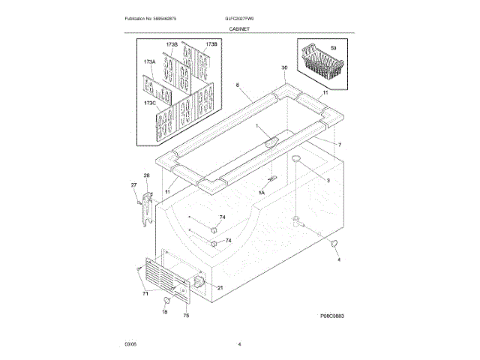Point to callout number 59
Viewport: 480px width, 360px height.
point(333,48)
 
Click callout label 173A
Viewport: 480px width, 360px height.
point(148,61)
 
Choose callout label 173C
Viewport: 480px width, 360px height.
point(149,102)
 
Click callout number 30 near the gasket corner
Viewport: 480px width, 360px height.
point(283,67)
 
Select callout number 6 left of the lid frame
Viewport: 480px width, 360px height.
point(238,85)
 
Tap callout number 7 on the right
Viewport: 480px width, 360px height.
point(339,144)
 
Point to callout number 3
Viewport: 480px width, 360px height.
point(328,181)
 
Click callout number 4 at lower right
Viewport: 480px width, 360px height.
point(338,259)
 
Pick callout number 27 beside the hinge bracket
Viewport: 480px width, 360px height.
point(133,184)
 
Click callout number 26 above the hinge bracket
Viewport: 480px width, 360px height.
point(147,175)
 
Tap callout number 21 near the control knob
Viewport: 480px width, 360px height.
point(220,288)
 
